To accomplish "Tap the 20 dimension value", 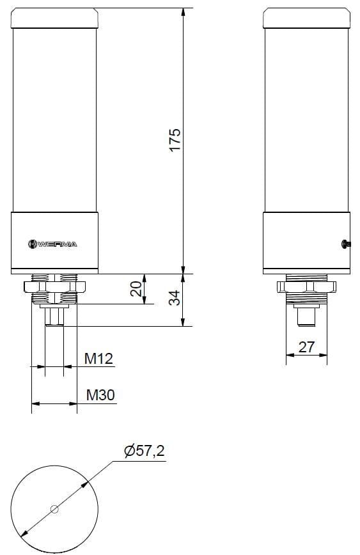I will pyautogui.click(x=136, y=289).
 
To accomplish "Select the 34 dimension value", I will pyautogui.click(x=175, y=297).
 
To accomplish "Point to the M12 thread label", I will pyautogui.click(x=98, y=359).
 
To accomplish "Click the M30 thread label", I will pyautogui.click(x=100, y=395).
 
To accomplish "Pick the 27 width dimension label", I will pyautogui.click(x=307, y=347).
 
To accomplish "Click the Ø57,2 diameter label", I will pyautogui.click(x=145, y=451).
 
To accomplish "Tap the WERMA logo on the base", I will pyautogui.click(x=53, y=244).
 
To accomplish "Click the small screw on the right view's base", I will pyautogui.click(x=346, y=242).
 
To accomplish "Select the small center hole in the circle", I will pyautogui.click(x=54, y=510).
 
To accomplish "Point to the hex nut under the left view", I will pyautogui.click(x=54, y=285).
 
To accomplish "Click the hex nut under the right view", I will pyautogui.click(x=306, y=285).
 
